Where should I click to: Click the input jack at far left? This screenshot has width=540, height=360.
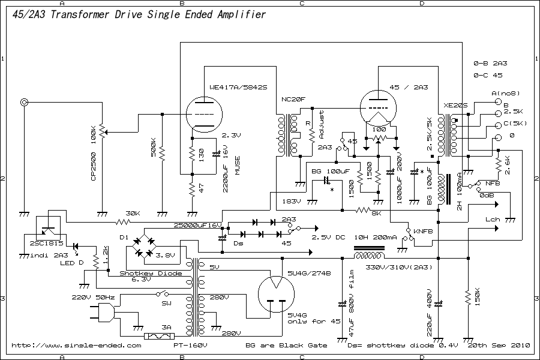[x=25, y=103]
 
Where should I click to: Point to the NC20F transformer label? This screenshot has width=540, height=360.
[x=293, y=98]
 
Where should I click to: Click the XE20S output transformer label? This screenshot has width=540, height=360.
[x=455, y=105]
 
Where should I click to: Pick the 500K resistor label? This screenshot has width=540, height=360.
[x=154, y=147]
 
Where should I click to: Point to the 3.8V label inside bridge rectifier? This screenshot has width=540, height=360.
[x=164, y=255]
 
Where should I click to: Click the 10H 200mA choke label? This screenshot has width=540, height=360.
[x=376, y=238]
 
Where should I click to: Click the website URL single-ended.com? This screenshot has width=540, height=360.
[x=76, y=346]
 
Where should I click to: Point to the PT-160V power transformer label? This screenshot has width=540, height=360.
[x=191, y=346]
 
